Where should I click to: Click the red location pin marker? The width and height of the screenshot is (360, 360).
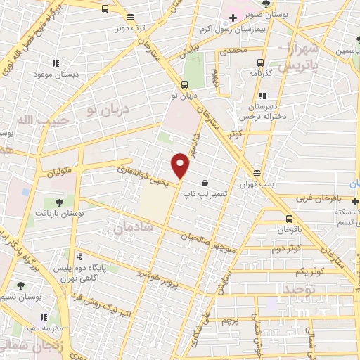pos(181,165)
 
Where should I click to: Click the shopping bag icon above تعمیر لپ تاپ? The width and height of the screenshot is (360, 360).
pos(205,183)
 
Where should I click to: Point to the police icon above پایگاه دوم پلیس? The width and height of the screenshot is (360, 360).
pos(79,257)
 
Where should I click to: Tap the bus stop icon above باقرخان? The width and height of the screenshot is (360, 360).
pos(289,218)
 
